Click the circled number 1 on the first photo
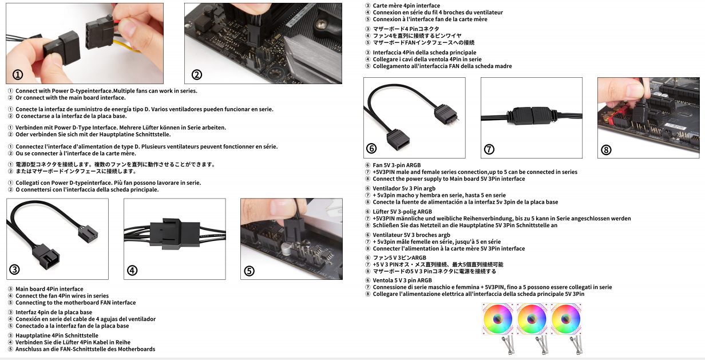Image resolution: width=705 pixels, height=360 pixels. click(x=18, y=75)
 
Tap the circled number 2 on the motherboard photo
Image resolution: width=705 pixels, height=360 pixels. click(x=196, y=74)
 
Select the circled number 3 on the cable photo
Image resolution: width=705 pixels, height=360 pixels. click(x=15, y=270)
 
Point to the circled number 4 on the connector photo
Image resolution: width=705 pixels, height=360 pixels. click(x=132, y=271)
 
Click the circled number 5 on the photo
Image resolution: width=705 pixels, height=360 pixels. click(x=249, y=271)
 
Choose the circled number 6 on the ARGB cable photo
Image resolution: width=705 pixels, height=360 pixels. click(x=371, y=149)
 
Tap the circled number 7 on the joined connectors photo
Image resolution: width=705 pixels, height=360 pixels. click(x=489, y=149)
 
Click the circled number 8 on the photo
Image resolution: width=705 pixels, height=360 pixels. click(x=606, y=150)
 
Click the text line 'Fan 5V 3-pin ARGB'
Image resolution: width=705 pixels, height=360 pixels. click(x=397, y=165)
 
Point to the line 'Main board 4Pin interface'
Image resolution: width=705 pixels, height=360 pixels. click(x=49, y=289)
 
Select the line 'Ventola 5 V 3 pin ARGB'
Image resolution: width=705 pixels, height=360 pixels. click(x=402, y=280)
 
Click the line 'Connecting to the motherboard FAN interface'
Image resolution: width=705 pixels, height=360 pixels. click(x=75, y=303)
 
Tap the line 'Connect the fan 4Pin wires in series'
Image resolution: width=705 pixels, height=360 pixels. click(x=62, y=296)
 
